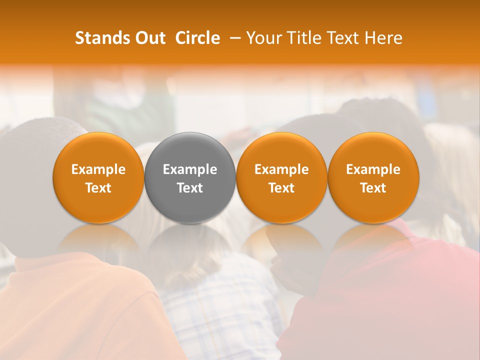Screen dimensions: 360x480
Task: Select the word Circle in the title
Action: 198,38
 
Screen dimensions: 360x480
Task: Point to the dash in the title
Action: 233,38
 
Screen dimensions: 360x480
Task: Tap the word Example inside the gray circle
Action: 190,169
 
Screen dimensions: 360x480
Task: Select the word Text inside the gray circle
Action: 190,188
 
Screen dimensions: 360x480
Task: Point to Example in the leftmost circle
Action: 98,169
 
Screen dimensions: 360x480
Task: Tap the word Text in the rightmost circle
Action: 373,188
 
